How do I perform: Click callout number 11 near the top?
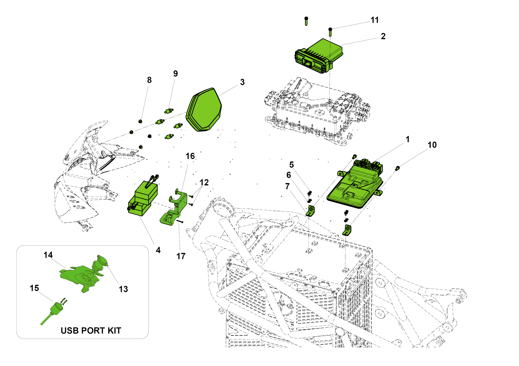374,20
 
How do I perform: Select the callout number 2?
383,36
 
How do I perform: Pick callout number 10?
432,145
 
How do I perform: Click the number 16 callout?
190,156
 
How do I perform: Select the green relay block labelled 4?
143,199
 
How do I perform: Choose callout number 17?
181,256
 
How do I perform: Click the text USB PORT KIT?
91,330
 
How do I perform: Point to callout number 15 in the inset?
34,288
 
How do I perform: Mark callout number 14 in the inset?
48,255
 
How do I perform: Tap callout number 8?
149,80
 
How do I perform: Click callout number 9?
175,73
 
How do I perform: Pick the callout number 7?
287,186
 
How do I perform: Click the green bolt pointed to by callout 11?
330,32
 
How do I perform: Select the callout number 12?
204,182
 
